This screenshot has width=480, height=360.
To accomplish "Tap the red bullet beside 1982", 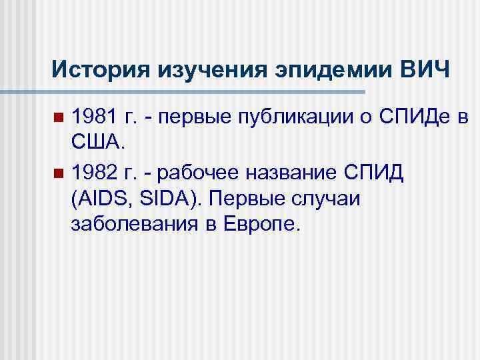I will pos(59,174).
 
